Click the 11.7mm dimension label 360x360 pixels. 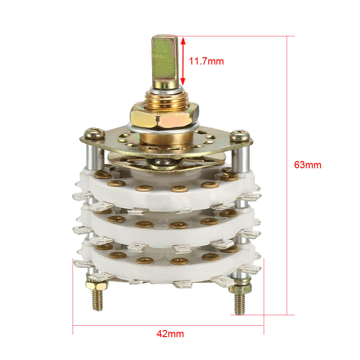(x=206, y=61)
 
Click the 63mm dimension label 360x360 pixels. (x=308, y=165)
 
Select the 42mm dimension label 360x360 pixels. (x=170, y=333)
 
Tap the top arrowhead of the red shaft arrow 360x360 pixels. (x=183, y=41)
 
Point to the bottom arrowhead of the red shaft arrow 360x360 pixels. (x=183, y=81)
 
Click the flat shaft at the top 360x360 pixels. (x=165, y=61)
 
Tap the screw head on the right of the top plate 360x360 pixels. (x=240, y=135)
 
